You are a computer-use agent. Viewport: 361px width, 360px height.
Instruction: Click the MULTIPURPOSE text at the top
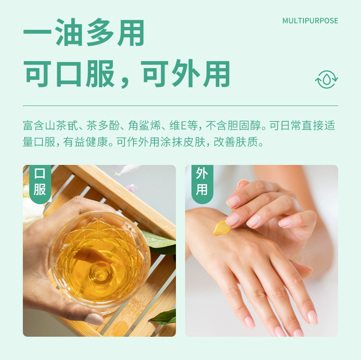pos(310,21)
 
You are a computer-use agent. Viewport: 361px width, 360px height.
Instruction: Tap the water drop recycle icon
pos(326,79)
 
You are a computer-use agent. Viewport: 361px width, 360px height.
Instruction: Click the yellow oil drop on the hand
pos(222,227)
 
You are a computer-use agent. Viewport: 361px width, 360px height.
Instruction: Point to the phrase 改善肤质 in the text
pos(240,143)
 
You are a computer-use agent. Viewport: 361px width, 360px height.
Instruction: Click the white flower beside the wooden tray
pos(32,208)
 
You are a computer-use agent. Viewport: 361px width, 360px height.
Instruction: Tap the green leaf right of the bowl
pos(160,242)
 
